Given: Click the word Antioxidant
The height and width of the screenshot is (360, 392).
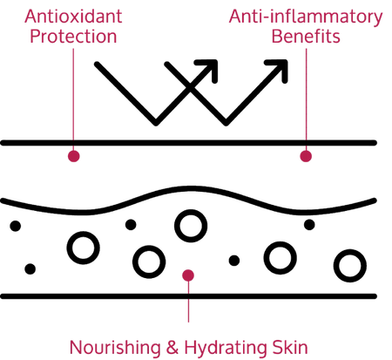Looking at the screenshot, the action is tap(73, 17).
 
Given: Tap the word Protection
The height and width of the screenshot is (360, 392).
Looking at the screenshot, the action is tap(73, 37).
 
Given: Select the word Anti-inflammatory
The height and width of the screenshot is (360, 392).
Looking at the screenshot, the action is tap(306, 17).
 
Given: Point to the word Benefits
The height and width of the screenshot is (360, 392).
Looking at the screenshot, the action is tap(306, 37).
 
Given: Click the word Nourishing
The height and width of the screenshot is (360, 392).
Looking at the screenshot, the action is tap(115, 348).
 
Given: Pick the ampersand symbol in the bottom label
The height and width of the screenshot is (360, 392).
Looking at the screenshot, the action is tap(172, 348).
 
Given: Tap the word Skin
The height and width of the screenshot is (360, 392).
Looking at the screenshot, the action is tap(290, 348).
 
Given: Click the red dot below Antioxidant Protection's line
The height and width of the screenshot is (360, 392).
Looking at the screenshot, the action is tap(74, 156).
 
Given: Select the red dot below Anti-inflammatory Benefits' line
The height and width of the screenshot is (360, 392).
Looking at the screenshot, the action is tap(306, 156).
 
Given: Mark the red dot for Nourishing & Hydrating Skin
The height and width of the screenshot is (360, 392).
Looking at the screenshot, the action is tap(188, 275).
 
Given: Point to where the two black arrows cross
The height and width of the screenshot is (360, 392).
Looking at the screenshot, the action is tap(191, 86).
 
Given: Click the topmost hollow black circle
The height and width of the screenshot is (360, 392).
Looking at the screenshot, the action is tap(191, 226).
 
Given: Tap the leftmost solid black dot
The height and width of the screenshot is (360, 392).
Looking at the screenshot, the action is tap(16, 226).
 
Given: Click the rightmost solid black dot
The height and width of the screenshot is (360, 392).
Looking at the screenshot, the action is tap(309, 225).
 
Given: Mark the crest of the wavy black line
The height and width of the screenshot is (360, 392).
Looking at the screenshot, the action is tap(190, 189).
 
